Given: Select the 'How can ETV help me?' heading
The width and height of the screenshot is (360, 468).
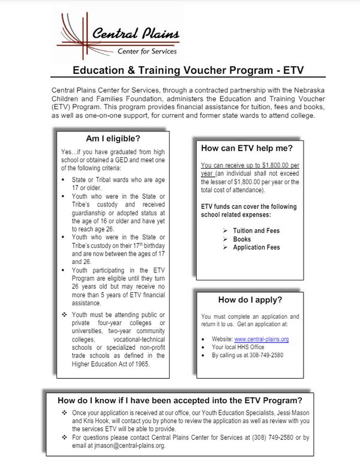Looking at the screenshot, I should (245, 147).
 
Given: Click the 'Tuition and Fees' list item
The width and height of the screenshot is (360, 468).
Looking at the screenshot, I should (256, 230).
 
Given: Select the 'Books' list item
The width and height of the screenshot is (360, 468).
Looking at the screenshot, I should (242, 239).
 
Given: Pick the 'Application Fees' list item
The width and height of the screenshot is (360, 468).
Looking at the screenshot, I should (256, 247).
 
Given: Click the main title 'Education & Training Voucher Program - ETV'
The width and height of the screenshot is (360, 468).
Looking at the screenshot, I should (180, 70).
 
